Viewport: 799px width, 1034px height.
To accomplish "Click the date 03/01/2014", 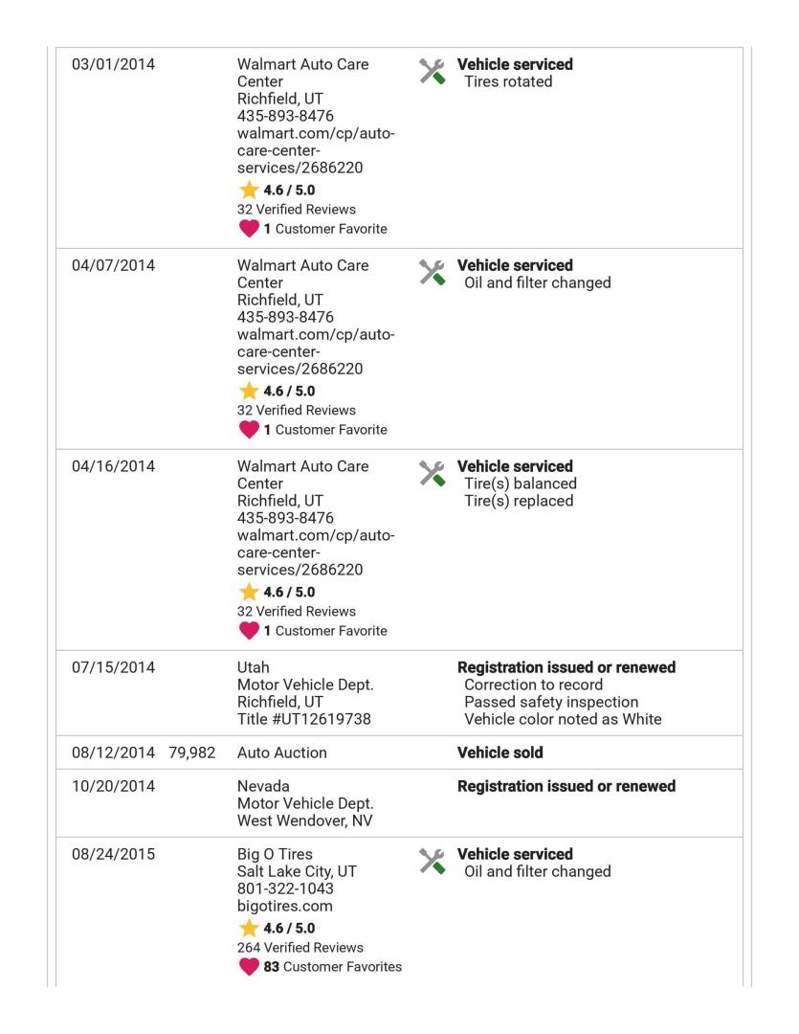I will coord(114,65).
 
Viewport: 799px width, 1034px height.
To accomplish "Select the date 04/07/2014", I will coord(114,266).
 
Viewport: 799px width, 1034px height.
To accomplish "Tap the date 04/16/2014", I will coord(114,467).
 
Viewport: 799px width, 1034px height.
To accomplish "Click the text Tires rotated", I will coord(507,82).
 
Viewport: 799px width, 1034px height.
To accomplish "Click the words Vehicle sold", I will coord(500,753).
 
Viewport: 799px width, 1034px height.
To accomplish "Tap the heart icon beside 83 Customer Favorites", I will coord(250,965).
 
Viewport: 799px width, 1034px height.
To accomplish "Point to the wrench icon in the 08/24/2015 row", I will coord(433,862).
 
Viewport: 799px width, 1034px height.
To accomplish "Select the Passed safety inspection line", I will coord(550,703).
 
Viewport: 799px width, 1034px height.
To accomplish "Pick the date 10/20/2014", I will coord(114,787).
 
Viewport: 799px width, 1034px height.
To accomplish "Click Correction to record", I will coord(534,686).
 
